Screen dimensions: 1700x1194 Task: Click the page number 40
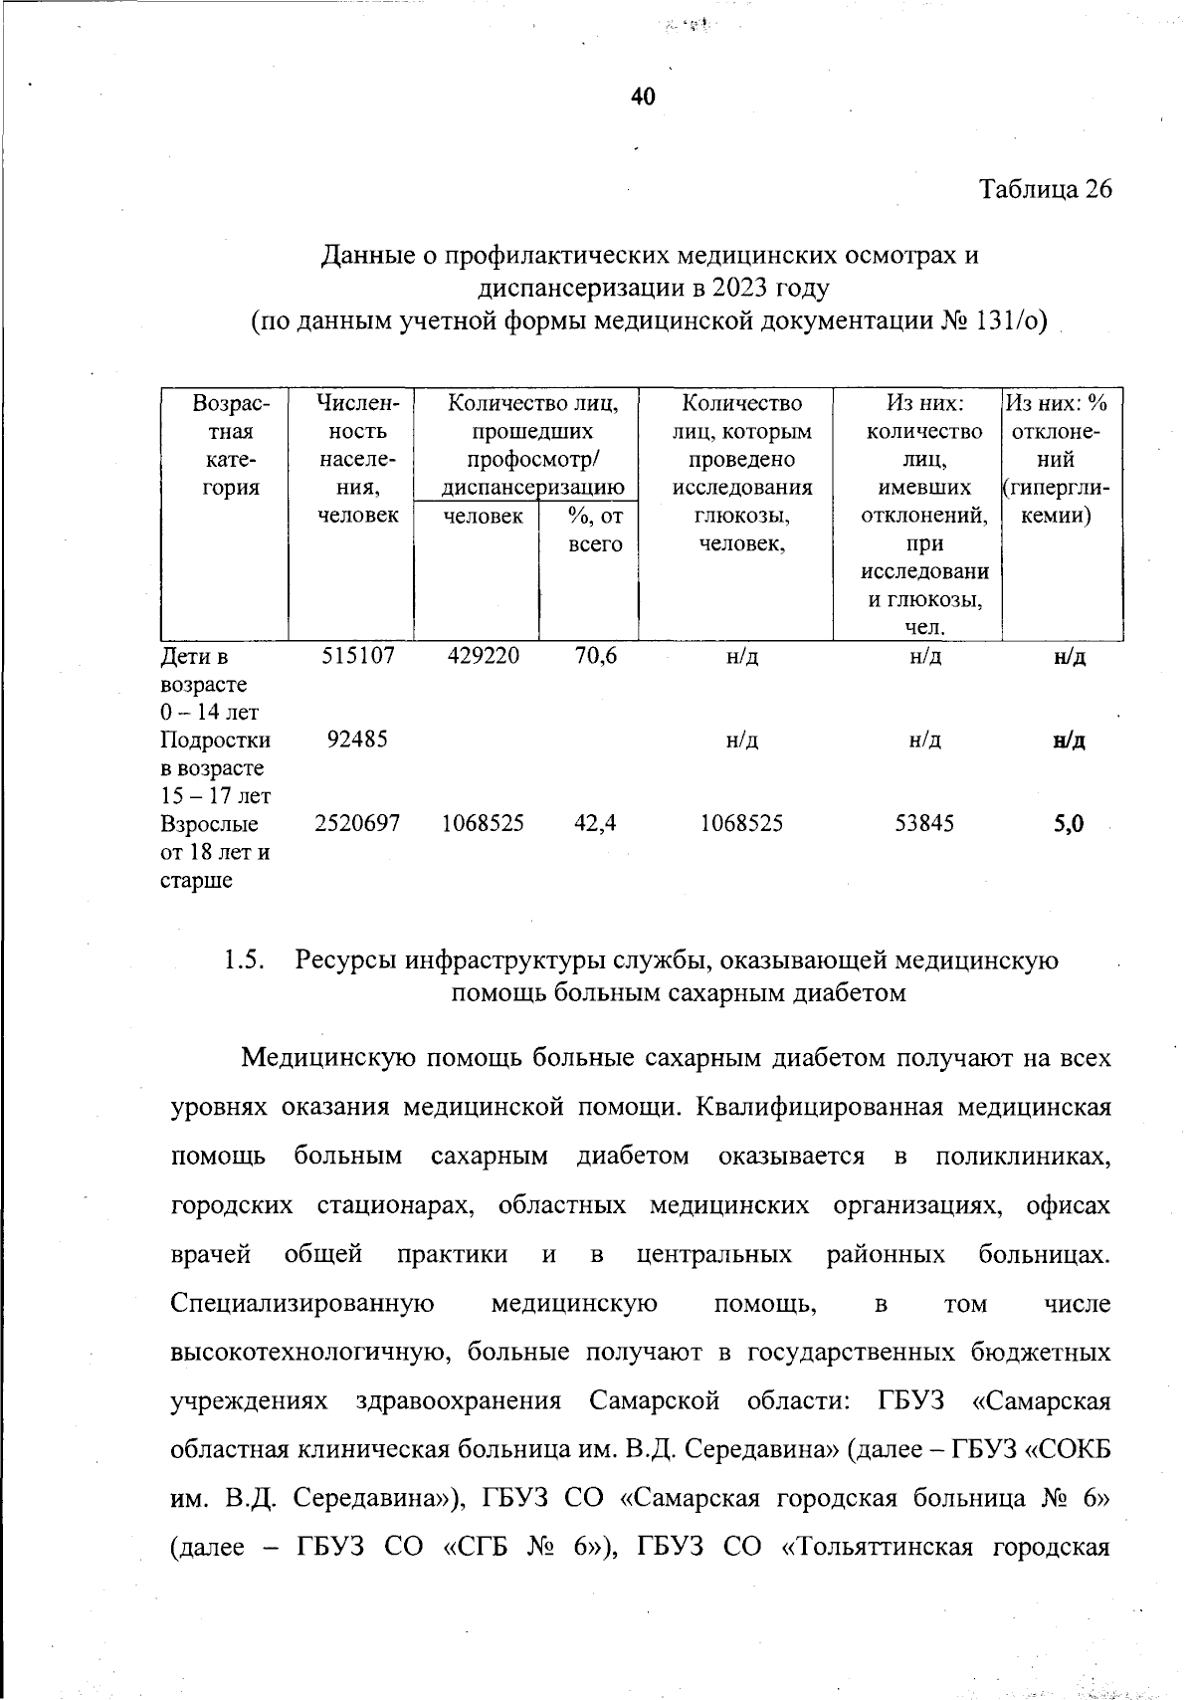coord(643,97)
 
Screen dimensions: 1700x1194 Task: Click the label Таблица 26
coord(1045,189)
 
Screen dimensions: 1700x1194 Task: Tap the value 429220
coord(483,656)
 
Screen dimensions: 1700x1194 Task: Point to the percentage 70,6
coord(595,656)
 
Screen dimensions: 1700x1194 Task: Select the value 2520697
coord(357,823)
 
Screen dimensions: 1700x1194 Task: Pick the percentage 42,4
coord(595,823)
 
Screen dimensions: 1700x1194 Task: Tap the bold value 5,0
coord(1070,823)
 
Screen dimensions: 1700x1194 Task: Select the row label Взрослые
coord(209,824)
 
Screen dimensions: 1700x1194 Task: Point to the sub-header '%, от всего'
coord(594,531)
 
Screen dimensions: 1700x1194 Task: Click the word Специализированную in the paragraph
coord(302,1303)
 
